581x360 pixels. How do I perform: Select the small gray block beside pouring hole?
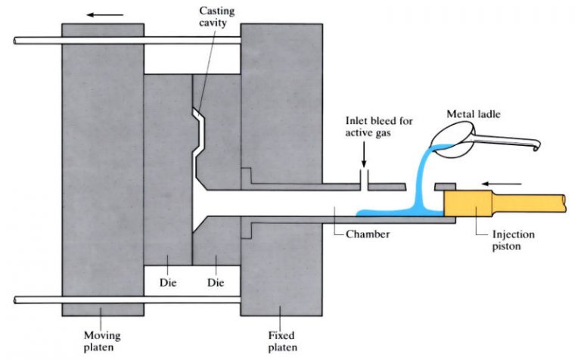[446, 186]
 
